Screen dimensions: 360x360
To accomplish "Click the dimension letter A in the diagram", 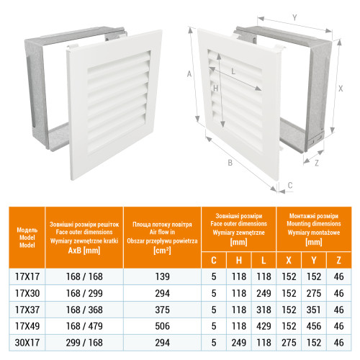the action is click(x=189, y=73).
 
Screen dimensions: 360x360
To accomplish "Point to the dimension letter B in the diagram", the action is click(x=230, y=163).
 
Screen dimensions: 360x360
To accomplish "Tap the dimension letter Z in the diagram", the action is click(x=317, y=163).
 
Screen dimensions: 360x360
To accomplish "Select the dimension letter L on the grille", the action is click(x=233, y=71).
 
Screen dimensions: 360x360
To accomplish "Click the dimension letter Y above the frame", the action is click(x=294, y=17).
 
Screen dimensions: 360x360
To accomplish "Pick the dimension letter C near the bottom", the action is click(x=290, y=185).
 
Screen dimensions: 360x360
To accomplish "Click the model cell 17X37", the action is click(x=27, y=310).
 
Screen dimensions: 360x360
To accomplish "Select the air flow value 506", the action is click(x=162, y=326).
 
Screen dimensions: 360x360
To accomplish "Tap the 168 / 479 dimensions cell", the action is click(x=84, y=326).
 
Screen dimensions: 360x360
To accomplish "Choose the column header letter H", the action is click(x=239, y=260).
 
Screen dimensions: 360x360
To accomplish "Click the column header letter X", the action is click(x=289, y=260).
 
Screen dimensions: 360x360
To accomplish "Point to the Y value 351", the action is click(x=314, y=310).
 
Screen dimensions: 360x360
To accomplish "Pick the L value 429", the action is click(x=264, y=326).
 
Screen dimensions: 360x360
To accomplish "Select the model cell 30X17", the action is click(x=27, y=343).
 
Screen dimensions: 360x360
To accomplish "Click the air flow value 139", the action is click(x=162, y=276).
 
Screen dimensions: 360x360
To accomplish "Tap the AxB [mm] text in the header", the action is click(x=84, y=251).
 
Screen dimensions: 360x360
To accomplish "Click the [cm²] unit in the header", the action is click(x=162, y=251).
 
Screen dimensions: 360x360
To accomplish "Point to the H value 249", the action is click(x=239, y=343).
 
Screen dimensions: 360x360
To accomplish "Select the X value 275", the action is click(x=289, y=343).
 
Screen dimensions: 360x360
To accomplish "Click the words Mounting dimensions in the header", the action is click(x=314, y=224).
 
